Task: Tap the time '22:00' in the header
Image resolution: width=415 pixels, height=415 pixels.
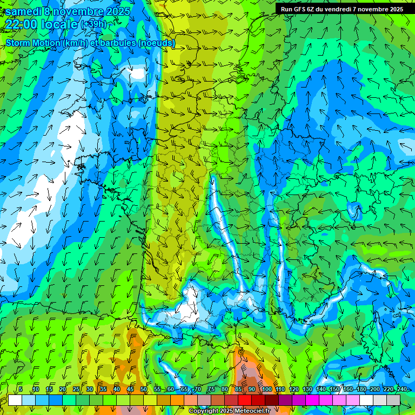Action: click(x=21, y=24)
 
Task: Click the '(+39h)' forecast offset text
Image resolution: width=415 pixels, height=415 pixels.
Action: click(x=93, y=24)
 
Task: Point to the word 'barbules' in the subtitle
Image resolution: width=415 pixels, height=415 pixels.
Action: click(x=118, y=43)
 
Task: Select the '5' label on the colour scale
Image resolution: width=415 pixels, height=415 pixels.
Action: click(x=21, y=389)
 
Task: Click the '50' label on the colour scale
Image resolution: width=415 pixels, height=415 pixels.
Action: click(x=144, y=389)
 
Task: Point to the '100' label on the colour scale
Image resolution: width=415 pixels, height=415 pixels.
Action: click(x=267, y=389)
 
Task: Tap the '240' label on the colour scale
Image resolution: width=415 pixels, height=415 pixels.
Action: click(x=402, y=389)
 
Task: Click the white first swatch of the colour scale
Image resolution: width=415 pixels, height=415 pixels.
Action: click(x=15, y=400)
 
